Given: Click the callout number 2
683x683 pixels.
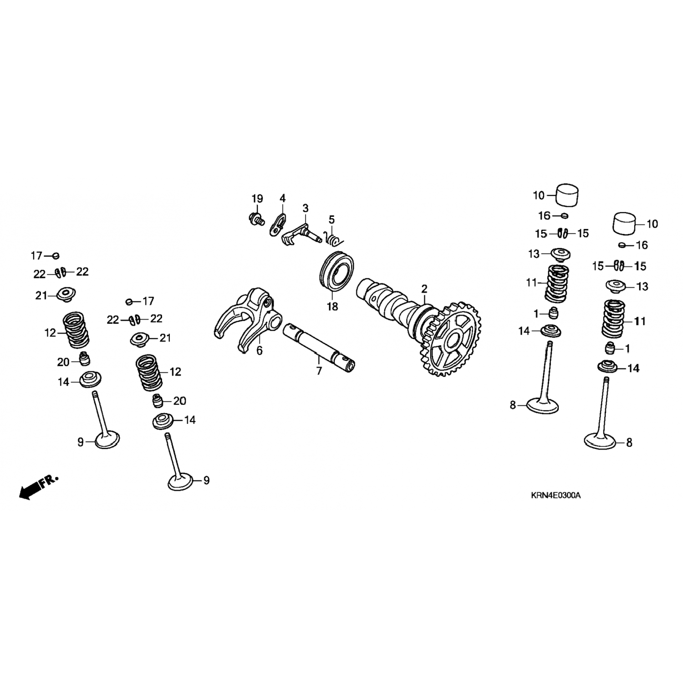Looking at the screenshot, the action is click(x=424, y=289).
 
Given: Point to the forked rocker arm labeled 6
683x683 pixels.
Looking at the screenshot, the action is click(x=246, y=319).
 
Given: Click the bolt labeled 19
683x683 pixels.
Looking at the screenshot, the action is click(x=257, y=219).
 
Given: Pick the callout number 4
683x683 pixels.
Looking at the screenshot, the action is click(x=282, y=199).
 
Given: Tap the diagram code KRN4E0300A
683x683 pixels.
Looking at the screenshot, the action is click(x=556, y=495).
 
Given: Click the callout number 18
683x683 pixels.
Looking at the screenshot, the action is click(x=332, y=307).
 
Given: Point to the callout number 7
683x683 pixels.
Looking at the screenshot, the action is click(x=319, y=371).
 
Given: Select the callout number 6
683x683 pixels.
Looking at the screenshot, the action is click(x=260, y=351).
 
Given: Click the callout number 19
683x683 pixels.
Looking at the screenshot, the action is click(x=257, y=199).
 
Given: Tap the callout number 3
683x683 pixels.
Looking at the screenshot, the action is click(x=305, y=208).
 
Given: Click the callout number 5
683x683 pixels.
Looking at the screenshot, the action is click(x=331, y=219).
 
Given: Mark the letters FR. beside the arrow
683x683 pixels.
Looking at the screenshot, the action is click(x=49, y=481).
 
